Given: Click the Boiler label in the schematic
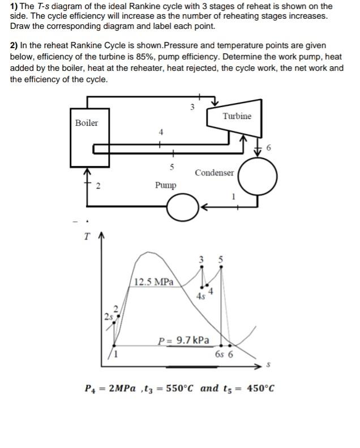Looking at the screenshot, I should (x=87, y=123).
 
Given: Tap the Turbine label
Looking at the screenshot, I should (x=237, y=116).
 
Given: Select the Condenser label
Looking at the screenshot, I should (x=214, y=173).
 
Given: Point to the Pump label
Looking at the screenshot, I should (x=165, y=185).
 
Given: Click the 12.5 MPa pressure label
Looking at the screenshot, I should (x=155, y=281).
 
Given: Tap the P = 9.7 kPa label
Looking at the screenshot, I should (x=183, y=340).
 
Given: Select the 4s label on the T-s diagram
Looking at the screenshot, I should (x=200, y=296).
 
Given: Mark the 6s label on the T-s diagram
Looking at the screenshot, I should (x=218, y=355).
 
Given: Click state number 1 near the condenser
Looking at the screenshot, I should (x=233, y=197).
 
